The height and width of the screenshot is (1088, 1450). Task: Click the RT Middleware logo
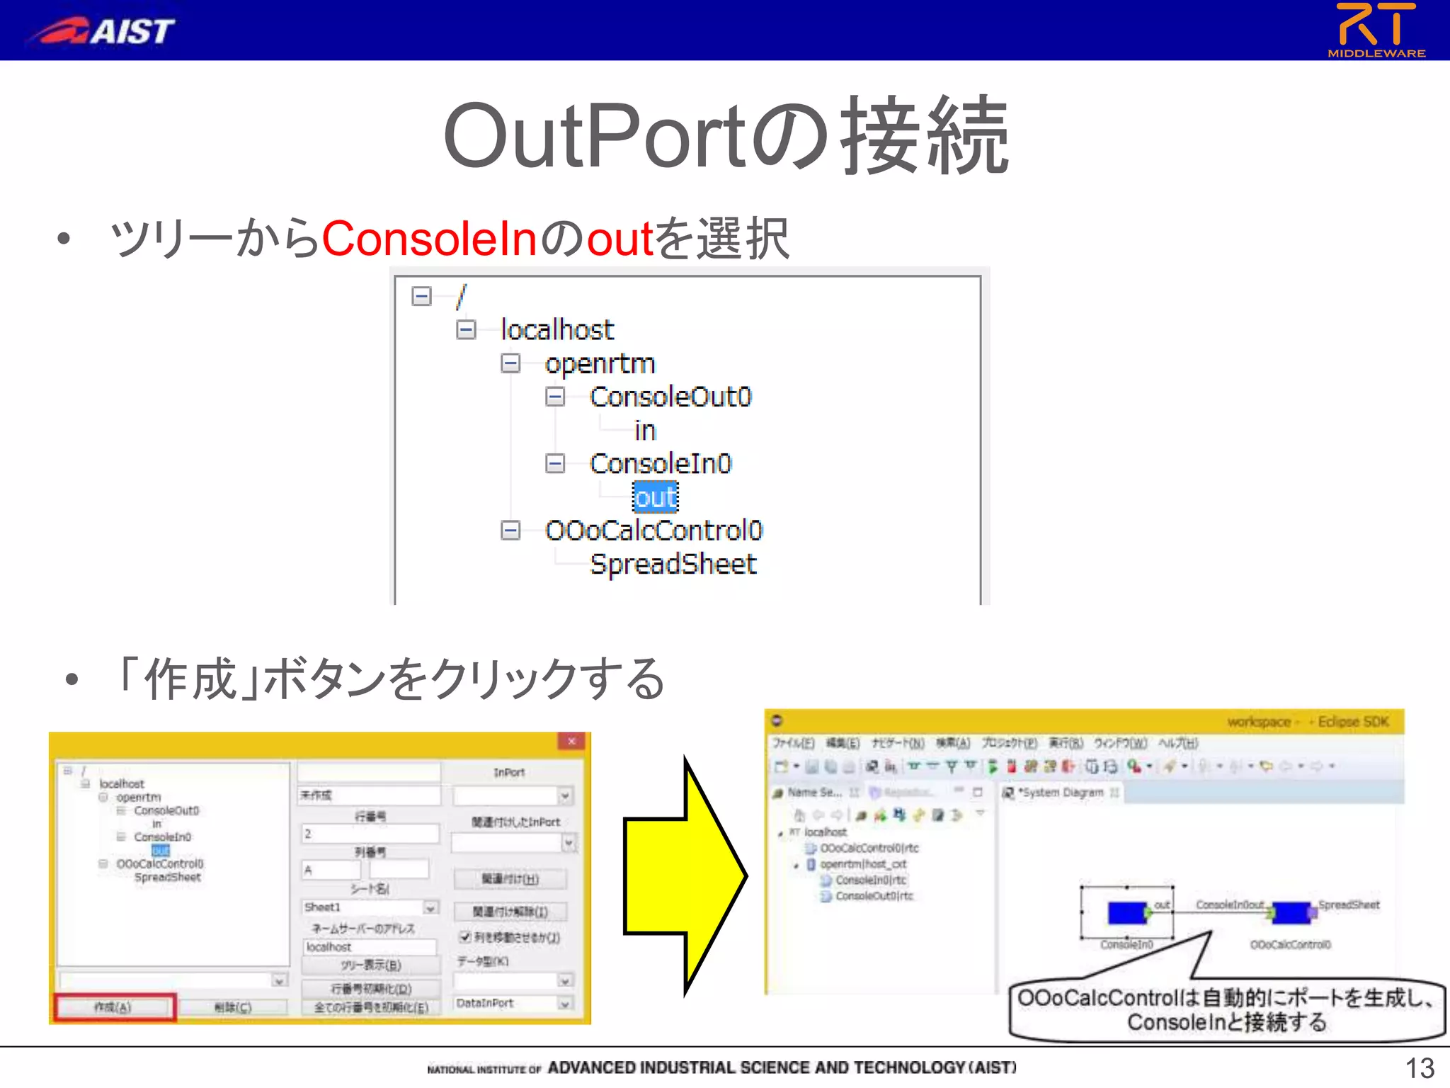pyautogui.click(x=1376, y=30)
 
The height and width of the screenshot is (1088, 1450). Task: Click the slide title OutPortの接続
pyautogui.click(x=725, y=136)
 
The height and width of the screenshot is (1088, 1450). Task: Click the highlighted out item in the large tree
pyautogui.click(x=655, y=497)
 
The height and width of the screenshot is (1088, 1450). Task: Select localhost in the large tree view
pyautogui.click(x=556, y=329)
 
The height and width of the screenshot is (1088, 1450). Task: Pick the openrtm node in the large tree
pyautogui.click(x=600, y=363)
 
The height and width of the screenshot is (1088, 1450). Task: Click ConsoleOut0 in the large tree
pyautogui.click(x=670, y=397)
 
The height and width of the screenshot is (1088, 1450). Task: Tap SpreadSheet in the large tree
pyautogui.click(x=673, y=565)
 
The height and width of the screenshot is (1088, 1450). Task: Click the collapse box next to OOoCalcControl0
pyautogui.click(x=510, y=530)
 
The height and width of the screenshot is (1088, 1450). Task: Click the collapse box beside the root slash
pyautogui.click(x=421, y=296)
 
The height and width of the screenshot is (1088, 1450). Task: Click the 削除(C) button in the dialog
pyautogui.click(x=232, y=1007)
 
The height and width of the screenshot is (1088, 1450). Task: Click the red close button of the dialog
pyautogui.click(x=571, y=741)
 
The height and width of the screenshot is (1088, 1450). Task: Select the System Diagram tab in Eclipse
pyautogui.click(x=1060, y=793)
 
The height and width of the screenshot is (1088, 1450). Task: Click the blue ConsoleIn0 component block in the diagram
pyautogui.click(x=1126, y=913)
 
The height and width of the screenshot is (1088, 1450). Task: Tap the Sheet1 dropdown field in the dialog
pyautogui.click(x=370, y=907)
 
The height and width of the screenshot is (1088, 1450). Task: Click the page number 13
pyautogui.click(x=1419, y=1068)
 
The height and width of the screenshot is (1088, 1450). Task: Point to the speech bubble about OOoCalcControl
pyautogui.click(x=1226, y=1010)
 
